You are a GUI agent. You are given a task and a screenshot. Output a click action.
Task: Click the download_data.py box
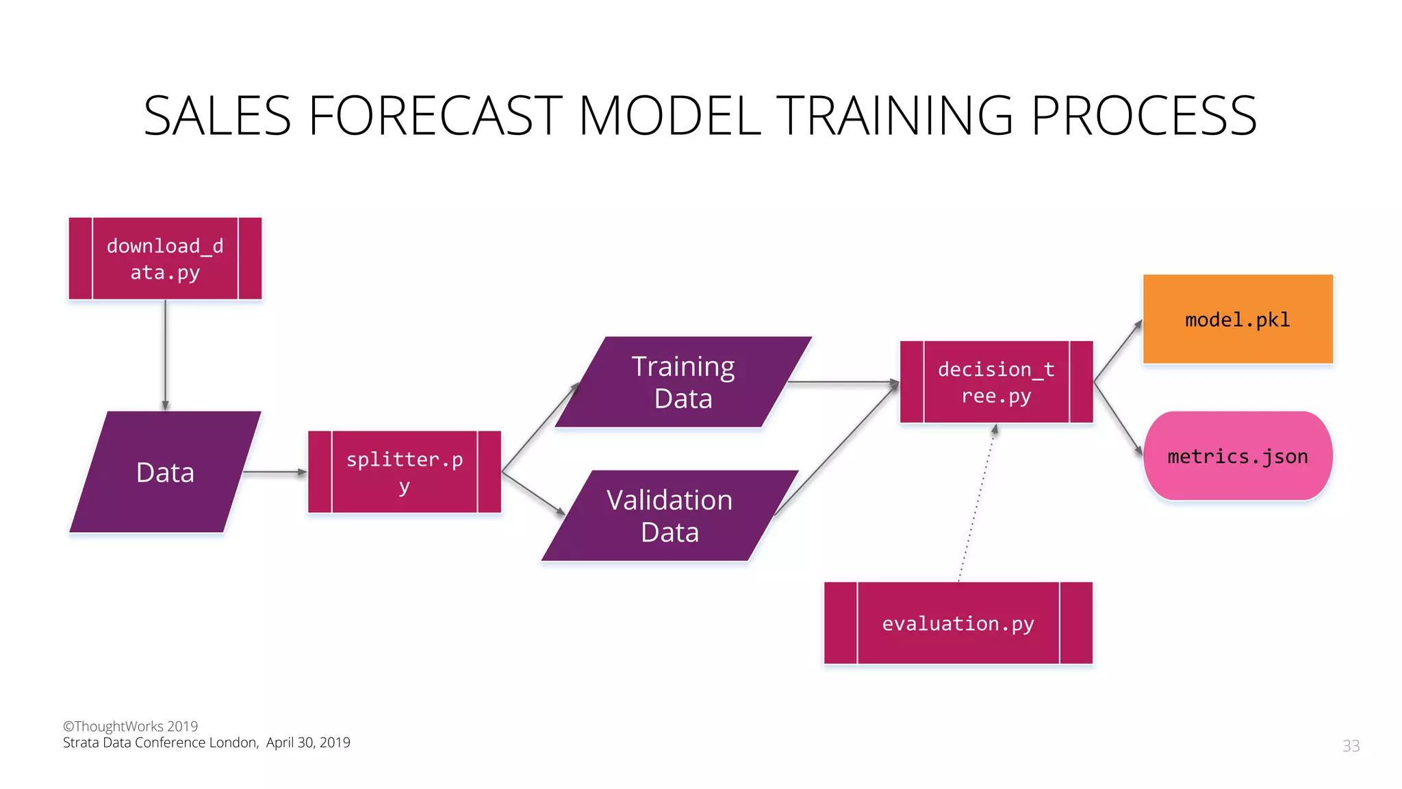tap(165, 259)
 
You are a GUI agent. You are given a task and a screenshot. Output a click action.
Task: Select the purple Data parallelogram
tap(165, 472)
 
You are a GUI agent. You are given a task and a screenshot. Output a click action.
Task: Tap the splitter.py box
tap(405, 472)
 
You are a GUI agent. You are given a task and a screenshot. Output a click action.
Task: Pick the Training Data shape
tap(683, 382)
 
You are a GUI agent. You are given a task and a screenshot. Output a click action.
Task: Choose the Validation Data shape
tap(670, 516)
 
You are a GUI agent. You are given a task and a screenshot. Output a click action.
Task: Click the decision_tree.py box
tap(996, 382)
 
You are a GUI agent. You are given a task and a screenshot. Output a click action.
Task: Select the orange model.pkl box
tap(1238, 319)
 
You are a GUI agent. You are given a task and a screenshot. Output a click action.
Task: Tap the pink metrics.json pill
tap(1238, 456)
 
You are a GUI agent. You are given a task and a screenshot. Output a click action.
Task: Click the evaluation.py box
tap(958, 623)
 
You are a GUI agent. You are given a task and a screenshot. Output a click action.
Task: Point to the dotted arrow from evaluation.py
tap(977, 503)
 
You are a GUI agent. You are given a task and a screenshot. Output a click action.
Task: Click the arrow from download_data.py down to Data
tap(165, 354)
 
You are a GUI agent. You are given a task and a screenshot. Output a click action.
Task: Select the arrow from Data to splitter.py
tap(274, 472)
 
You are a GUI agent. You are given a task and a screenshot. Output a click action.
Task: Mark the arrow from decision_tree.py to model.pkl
tap(1118, 351)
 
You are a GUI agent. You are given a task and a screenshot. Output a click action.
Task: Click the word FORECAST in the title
tap(435, 116)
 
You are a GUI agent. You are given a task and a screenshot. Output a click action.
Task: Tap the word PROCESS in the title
tap(1143, 116)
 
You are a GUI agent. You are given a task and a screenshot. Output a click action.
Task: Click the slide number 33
tap(1351, 746)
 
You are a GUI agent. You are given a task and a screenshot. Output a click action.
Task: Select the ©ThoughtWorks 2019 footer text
tap(130, 726)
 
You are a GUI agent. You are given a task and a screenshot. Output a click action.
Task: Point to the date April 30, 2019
tap(308, 742)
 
